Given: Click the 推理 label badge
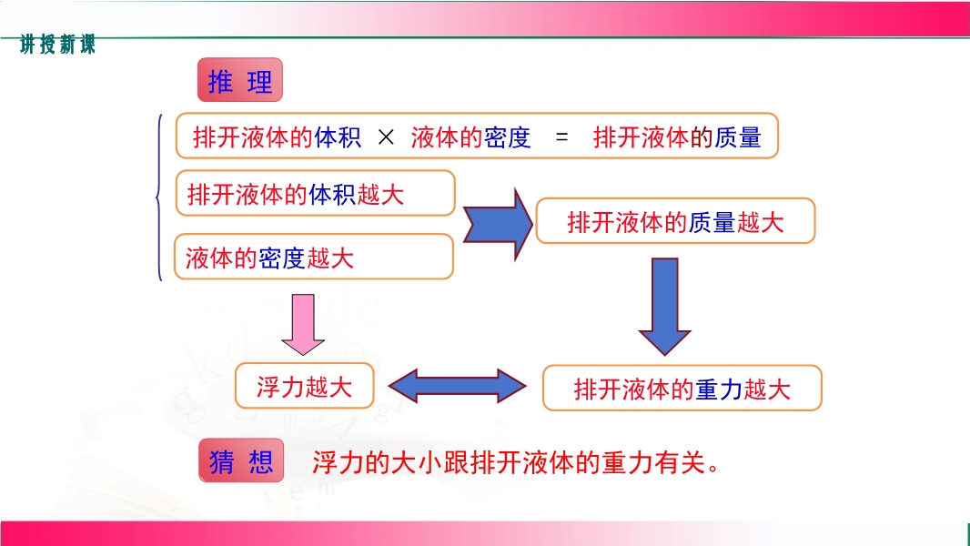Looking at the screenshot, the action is coord(240,80).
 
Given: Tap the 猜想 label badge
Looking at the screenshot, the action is coord(241,460).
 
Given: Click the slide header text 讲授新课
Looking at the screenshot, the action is coord(57,45).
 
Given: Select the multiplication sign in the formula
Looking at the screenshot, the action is coord(386,136).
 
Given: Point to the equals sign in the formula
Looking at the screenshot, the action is coord(561,136).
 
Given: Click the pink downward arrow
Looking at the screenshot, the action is coord(302,325).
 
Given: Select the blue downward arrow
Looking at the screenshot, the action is coord(665,307).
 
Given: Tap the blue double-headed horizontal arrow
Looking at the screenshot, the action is coord(457,387).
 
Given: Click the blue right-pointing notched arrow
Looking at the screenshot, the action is coord(498,224).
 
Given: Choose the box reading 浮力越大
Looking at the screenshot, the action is coord(304,386).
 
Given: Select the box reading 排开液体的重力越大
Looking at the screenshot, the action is coord(682,388).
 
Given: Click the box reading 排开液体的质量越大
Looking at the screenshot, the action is coord(675,221).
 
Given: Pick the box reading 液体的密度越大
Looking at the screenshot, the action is coord(314,257).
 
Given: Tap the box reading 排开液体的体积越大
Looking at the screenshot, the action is coord(316,193).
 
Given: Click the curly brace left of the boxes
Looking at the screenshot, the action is coord(159,197).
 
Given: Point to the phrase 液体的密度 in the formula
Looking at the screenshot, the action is coord(470,136).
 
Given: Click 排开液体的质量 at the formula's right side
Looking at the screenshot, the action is coord(677,136).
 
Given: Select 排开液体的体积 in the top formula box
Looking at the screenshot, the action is coord(277,136).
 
